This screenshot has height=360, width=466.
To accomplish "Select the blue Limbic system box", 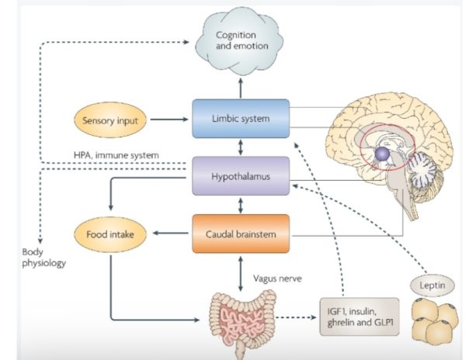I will pos(240,119).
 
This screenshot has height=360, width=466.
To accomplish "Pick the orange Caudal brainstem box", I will pos(240,233).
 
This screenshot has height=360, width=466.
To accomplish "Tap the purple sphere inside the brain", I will pos(382,156).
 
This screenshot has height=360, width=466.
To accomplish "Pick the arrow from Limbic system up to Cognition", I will pos(240,85).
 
